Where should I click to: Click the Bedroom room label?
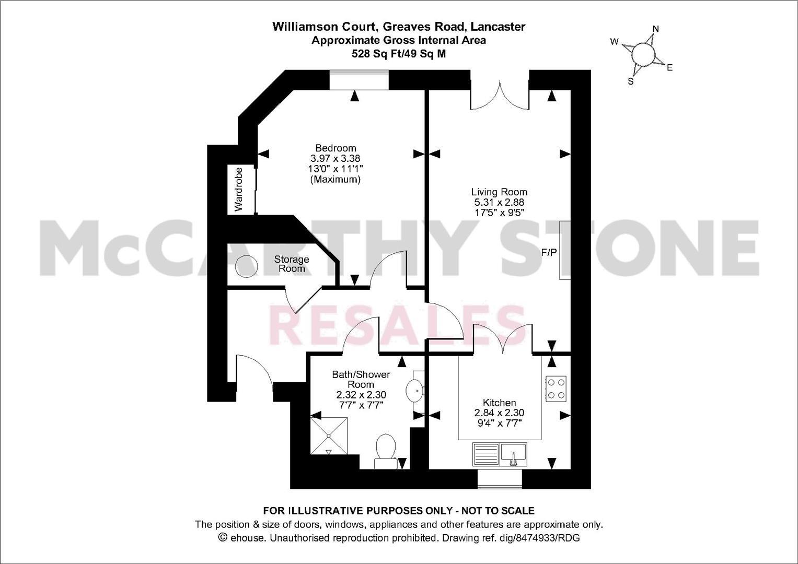coord(335,148)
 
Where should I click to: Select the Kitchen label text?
coord(499,403)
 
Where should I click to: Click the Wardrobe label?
coord(239,189)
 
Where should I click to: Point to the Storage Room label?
coord(292,264)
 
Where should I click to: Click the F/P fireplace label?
coord(549,253)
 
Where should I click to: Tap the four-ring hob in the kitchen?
coord(556,389)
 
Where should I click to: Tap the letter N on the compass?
coord(656,29)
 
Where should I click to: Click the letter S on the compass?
coord(630,81)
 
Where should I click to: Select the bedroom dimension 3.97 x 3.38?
coord(335,158)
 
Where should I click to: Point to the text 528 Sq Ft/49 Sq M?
coord(399,53)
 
